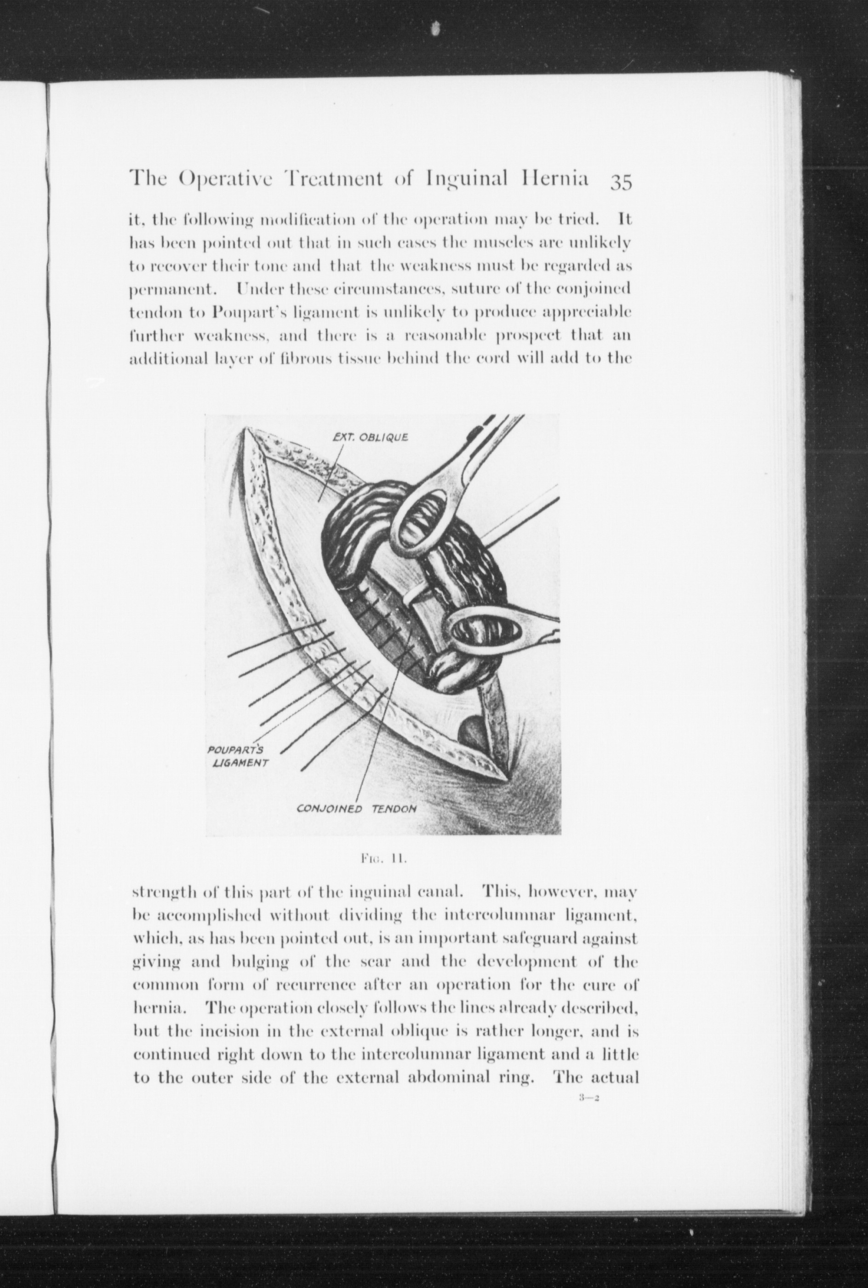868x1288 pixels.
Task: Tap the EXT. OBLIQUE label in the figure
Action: pos(371,437)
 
